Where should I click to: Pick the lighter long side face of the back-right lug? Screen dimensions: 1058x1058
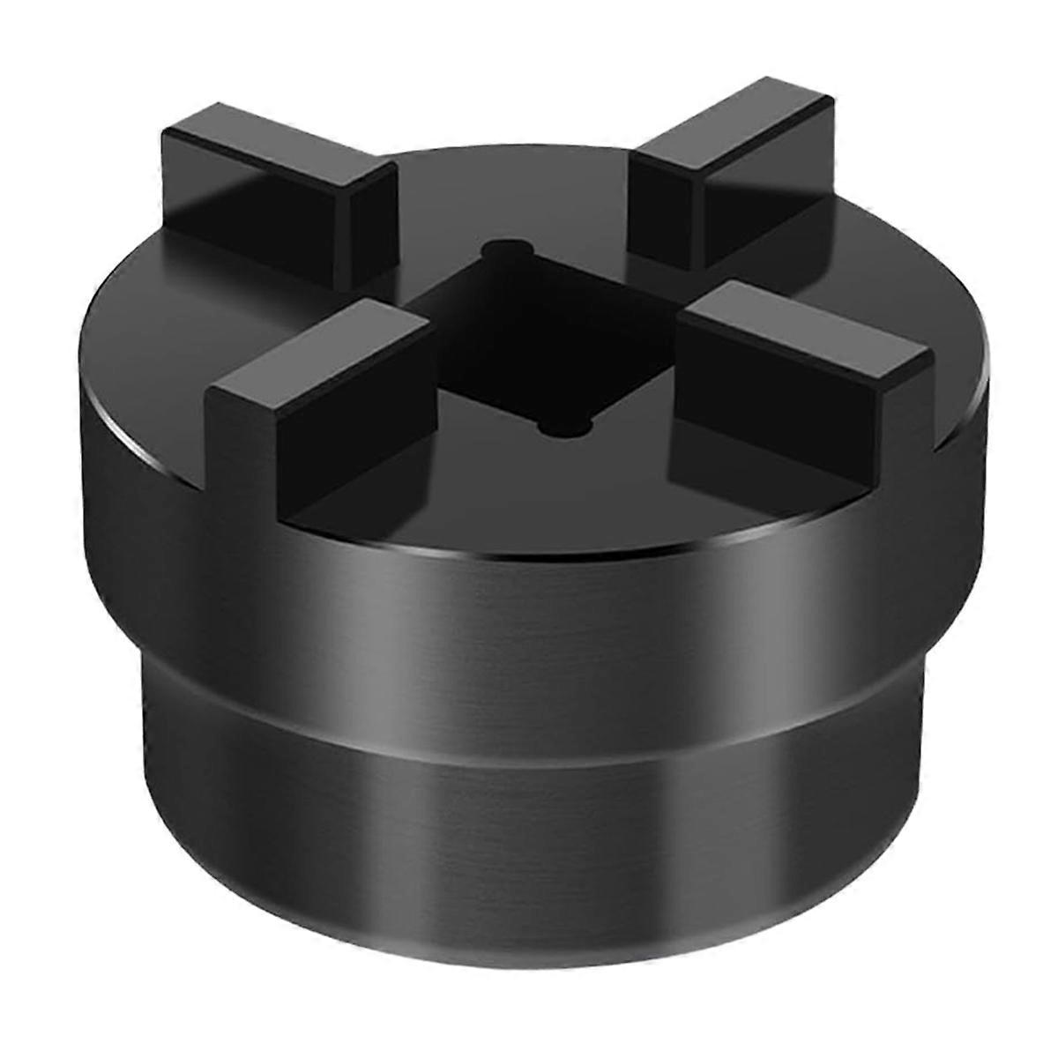tap(767, 190)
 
